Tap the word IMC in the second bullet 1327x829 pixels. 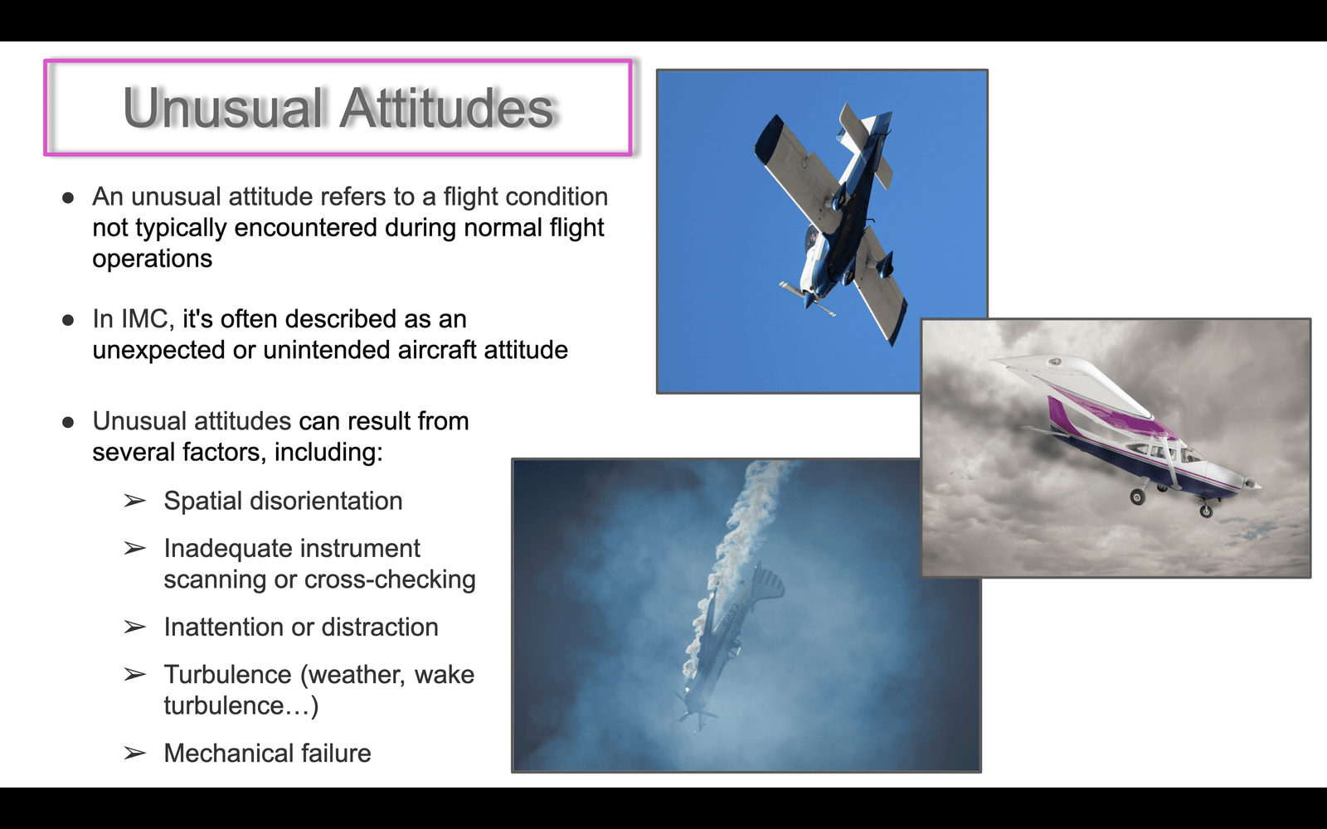(x=145, y=318)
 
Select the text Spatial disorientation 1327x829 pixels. (x=283, y=501)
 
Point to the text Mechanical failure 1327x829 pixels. (x=267, y=754)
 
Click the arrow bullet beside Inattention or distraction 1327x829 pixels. (x=134, y=627)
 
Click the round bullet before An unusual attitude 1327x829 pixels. (x=68, y=197)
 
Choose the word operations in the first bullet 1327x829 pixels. (x=153, y=259)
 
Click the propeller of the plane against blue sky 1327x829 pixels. (x=808, y=299)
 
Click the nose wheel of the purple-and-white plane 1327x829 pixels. (x=1206, y=511)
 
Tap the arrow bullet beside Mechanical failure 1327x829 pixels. (x=134, y=754)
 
